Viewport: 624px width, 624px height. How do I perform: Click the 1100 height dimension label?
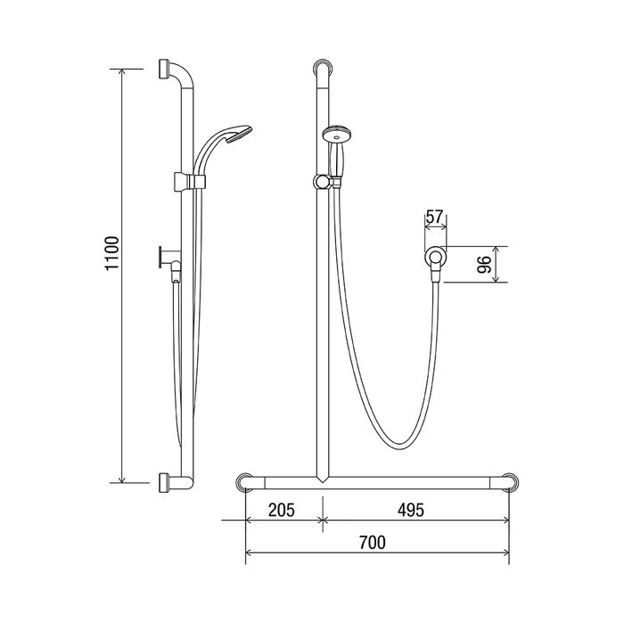point(112,253)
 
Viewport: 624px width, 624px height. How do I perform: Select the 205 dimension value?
point(282,510)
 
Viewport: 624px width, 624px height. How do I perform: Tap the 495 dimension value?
point(411,510)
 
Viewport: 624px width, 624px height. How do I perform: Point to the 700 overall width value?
point(373,542)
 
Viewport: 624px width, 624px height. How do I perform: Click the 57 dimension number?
point(434,218)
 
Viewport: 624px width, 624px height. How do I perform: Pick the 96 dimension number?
point(484,265)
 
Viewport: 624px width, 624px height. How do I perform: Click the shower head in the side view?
point(238,134)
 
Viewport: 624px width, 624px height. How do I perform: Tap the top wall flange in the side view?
point(163,70)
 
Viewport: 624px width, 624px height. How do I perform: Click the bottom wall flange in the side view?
point(163,483)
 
